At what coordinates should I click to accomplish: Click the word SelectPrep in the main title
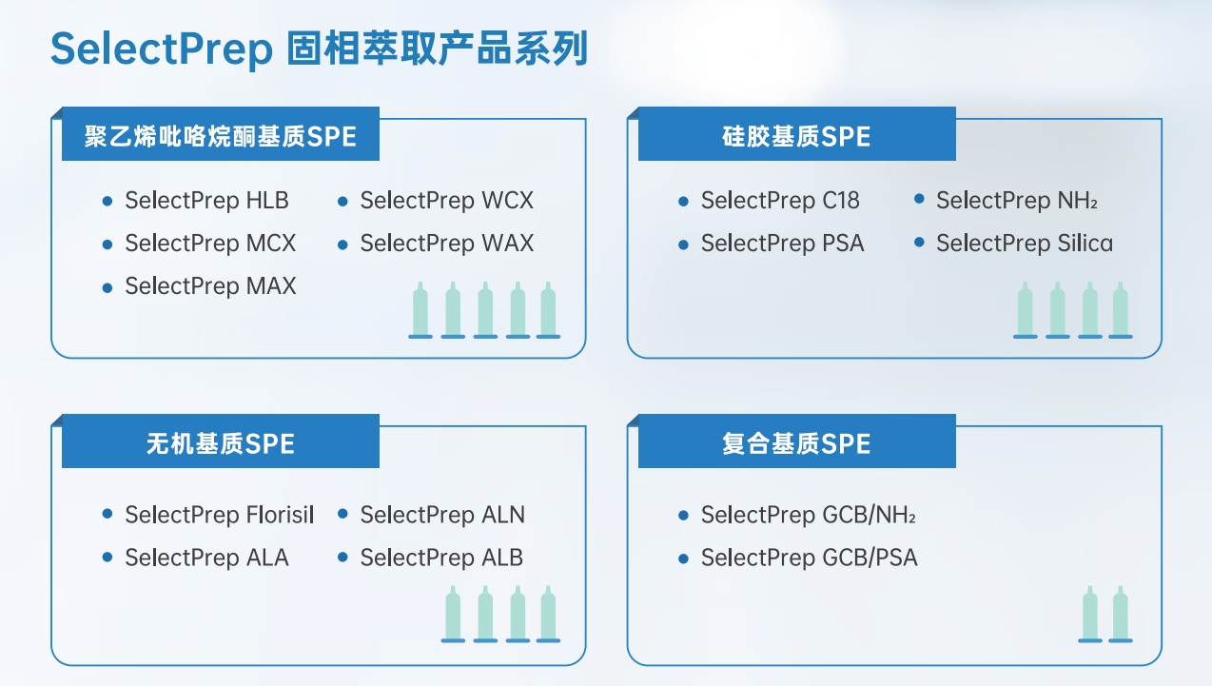click(x=161, y=49)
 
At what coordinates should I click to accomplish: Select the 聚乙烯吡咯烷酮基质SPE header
click(x=221, y=134)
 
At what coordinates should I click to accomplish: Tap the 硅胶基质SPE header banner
click(x=797, y=134)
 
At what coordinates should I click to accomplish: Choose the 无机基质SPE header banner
click(x=221, y=441)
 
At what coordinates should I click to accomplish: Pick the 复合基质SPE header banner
click(x=797, y=441)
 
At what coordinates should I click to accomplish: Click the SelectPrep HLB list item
click(x=206, y=201)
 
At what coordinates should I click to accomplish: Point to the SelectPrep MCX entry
click(x=210, y=244)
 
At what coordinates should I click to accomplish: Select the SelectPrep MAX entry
click(x=210, y=286)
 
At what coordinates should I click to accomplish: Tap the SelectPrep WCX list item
click(x=447, y=201)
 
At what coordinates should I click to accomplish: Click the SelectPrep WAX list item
click(x=447, y=244)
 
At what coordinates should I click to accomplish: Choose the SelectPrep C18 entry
click(x=780, y=201)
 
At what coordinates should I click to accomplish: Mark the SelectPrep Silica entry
click(x=1025, y=244)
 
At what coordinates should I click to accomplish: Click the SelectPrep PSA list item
click(x=782, y=244)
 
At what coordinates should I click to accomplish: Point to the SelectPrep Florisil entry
click(x=219, y=515)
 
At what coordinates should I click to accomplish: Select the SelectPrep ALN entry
click(x=442, y=515)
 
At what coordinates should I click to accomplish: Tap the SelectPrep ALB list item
click(x=441, y=558)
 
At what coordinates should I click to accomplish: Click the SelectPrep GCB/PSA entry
click(x=810, y=558)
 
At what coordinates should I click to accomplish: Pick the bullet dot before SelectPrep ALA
click(x=108, y=557)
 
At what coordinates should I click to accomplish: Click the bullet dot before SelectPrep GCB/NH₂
click(x=683, y=515)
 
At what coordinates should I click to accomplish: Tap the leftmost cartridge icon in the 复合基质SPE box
click(x=1089, y=614)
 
